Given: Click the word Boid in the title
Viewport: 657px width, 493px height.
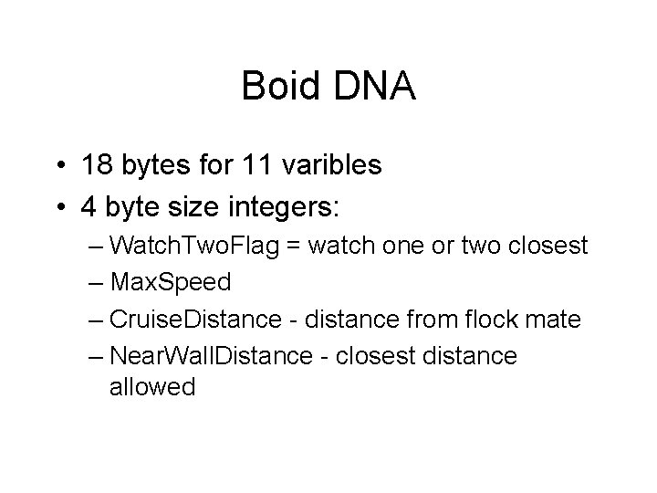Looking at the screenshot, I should click(x=280, y=88).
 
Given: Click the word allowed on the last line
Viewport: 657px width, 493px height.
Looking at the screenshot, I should click(x=152, y=386).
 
